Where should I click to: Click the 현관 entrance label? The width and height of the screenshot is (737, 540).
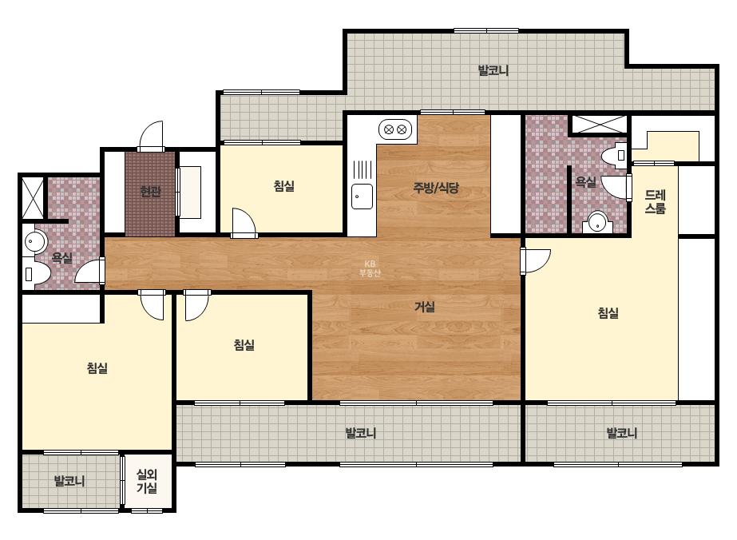(x=151, y=192)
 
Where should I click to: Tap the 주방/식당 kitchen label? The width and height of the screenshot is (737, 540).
(x=436, y=188)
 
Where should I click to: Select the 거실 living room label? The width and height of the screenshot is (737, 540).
(x=425, y=307)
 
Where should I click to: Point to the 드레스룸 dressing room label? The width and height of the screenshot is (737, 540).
(x=655, y=202)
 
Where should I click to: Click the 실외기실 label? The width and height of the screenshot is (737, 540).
(x=147, y=481)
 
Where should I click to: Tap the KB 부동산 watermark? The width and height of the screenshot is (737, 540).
(x=370, y=268)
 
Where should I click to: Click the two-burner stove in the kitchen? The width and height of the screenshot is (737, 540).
(x=394, y=129)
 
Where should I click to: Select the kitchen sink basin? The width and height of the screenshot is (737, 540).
(x=363, y=197)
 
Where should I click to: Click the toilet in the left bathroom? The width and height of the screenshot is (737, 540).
(x=37, y=273)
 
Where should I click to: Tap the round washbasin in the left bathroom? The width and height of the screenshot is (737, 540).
(x=34, y=241)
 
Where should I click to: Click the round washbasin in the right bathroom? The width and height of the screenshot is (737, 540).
(x=597, y=222)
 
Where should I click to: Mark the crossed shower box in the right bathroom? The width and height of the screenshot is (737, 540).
(x=598, y=125)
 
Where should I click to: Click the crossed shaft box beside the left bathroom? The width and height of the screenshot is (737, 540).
(x=33, y=197)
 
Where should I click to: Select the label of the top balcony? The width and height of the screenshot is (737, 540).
(x=493, y=70)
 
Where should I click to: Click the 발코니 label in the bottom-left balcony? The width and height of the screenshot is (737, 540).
(x=69, y=481)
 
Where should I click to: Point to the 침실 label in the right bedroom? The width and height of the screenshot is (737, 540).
(x=608, y=312)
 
